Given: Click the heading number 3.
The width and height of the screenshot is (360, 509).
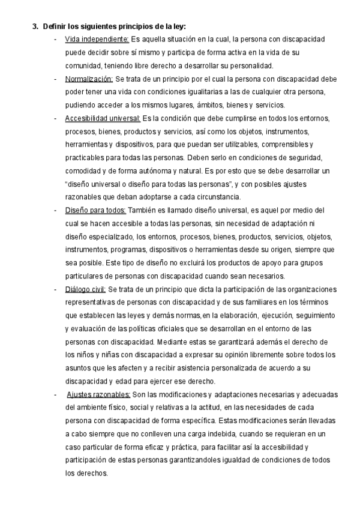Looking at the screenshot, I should pyautogui.click(x=35, y=26).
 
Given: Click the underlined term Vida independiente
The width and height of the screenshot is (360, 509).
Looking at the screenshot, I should pyautogui.click(x=96, y=39).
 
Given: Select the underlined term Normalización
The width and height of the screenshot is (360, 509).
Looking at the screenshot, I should pyautogui.click(x=89, y=79).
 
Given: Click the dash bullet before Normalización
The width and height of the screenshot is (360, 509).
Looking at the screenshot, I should pyautogui.click(x=56, y=79).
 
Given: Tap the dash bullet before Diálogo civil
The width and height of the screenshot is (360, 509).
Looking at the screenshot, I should pyautogui.click(x=56, y=289).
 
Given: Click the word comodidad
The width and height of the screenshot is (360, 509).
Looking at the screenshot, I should pyautogui.click(x=83, y=170).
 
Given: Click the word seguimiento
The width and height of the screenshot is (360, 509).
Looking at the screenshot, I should pyautogui.click(x=298, y=315).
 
